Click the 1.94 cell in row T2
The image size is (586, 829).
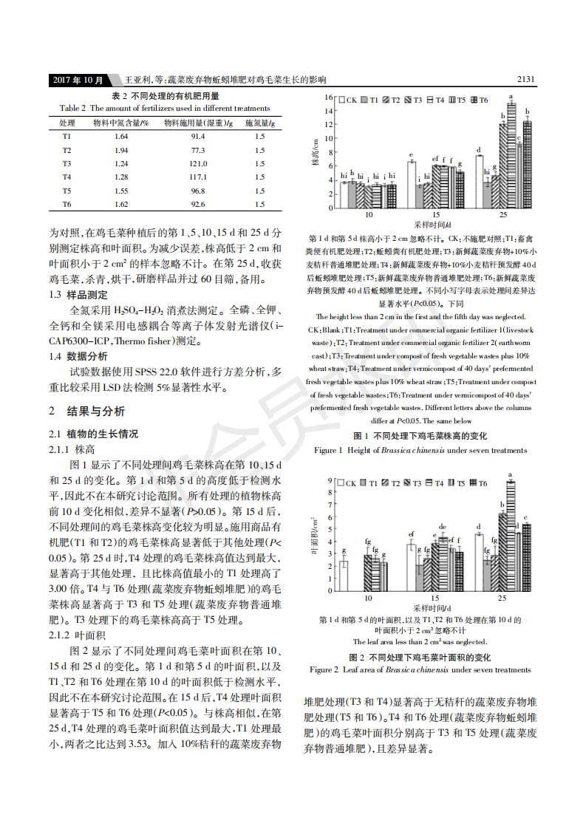121,150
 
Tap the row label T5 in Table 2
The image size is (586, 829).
67,191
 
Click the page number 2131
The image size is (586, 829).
525,80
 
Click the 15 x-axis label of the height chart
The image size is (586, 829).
435,214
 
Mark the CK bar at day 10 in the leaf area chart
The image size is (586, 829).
343,576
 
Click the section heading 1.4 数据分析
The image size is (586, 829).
78,357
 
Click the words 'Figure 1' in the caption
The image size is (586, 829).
329,450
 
